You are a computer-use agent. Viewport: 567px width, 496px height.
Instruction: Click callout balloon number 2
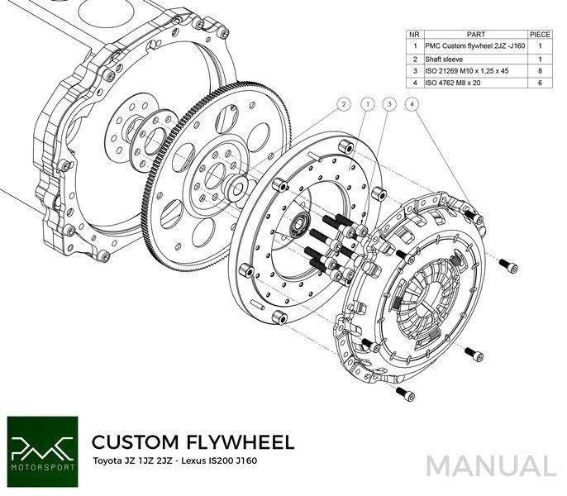[344, 104]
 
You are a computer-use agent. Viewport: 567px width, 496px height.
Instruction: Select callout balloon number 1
[368, 104]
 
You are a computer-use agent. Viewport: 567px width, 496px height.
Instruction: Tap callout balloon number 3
[389, 104]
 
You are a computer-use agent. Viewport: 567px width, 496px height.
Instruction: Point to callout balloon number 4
[412, 104]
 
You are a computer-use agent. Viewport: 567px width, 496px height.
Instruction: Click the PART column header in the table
[475, 35]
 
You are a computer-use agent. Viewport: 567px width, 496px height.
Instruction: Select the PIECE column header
[540, 35]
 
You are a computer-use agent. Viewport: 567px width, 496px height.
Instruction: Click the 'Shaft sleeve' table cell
[444, 59]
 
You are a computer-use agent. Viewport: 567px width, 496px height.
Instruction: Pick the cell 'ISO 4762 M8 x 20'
[453, 83]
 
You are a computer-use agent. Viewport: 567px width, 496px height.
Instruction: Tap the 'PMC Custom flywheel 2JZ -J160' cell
[474, 46]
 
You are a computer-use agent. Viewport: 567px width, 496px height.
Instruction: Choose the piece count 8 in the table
[540, 70]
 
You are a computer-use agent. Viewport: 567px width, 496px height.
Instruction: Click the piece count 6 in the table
[540, 83]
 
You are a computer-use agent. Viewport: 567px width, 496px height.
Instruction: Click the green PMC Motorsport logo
[42, 451]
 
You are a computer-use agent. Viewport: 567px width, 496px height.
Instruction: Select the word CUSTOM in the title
[136, 441]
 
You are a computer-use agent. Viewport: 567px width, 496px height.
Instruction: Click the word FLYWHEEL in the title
[241, 441]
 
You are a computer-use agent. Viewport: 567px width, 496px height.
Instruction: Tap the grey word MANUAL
[491, 465]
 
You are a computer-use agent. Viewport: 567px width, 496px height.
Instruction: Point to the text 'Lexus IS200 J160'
[219, 461]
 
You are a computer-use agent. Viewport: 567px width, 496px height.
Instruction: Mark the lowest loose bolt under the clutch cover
[405, 393]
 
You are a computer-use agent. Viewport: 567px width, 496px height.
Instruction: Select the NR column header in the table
[415, 35]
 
